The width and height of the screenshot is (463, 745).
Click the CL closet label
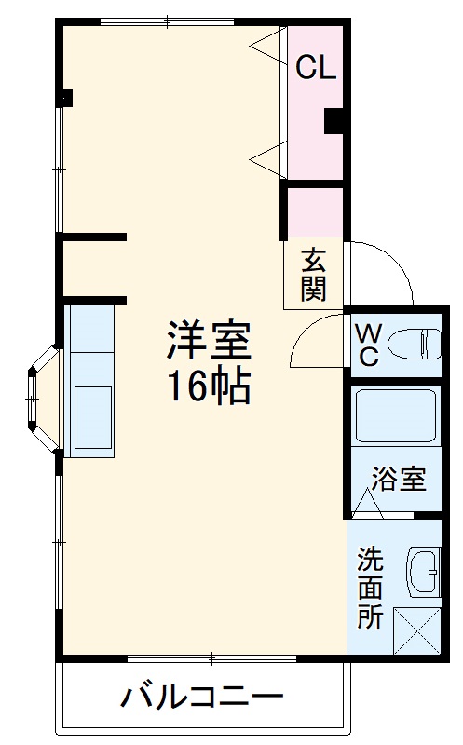[x=315, y=68]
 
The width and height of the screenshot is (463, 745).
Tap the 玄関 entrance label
[x=313, y=274]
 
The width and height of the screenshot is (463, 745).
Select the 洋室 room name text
[x=209, y=342]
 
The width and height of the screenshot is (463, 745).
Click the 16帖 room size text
[x=209, y=386]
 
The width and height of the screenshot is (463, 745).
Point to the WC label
[x=366, y=344]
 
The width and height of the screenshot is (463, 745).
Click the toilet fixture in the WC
[x=414, y=344]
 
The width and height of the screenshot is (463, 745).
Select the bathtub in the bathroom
[x=396, y=416]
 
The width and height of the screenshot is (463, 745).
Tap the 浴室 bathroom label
[x=399, y=480]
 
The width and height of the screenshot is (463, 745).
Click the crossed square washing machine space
[x=416, y=631]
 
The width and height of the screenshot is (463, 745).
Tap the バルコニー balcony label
[x=201, y=697]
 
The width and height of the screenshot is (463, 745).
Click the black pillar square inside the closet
[x=334, y=120]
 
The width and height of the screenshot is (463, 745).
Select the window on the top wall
[x=167, y=20]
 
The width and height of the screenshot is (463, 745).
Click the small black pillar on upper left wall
[x=66, y=96]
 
